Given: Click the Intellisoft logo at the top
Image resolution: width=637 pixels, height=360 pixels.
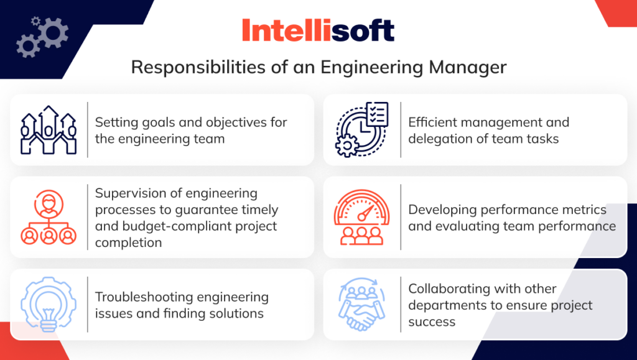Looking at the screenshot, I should pyautogui.click(x=318, y=30).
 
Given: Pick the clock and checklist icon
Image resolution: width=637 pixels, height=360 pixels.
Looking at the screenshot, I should pyautogui.click(x=362, y=129).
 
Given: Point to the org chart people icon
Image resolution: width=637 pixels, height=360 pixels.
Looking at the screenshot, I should pyautogui.click(x=48, y=217).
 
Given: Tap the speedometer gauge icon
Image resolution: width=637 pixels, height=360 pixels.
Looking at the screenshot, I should pyautogui.click(x=362, y=217).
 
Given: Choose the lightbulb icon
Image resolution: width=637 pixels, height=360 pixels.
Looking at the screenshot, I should pyautogui.click(x=48, y=304).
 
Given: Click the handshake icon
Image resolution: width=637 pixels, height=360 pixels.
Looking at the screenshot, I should pyautogui.click(x=362, y=304).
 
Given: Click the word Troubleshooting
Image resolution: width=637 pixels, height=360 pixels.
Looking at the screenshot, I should pyautogui.click(x=144, y=297).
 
